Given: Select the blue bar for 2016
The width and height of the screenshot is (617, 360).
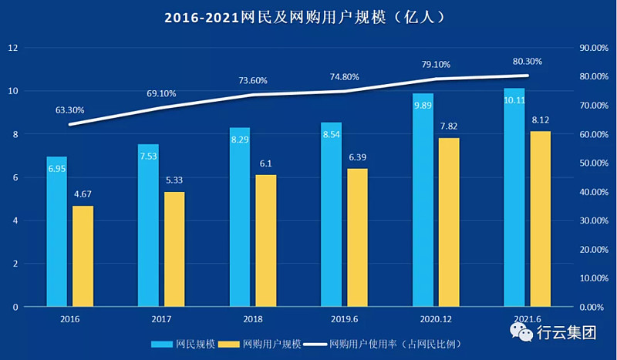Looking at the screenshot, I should (x=56, y=231).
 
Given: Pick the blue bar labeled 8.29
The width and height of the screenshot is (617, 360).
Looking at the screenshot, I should (x=240, y=217).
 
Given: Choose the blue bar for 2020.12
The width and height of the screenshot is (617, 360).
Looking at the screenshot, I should (x=423, y=200).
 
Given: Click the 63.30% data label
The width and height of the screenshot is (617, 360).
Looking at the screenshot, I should (x=69, y=110).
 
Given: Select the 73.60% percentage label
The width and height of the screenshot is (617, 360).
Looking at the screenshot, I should (x=252, y=80).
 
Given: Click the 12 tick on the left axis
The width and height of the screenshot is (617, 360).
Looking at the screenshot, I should (x=12, y=48).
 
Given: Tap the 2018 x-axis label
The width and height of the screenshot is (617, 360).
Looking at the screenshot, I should (x=252, y=317).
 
